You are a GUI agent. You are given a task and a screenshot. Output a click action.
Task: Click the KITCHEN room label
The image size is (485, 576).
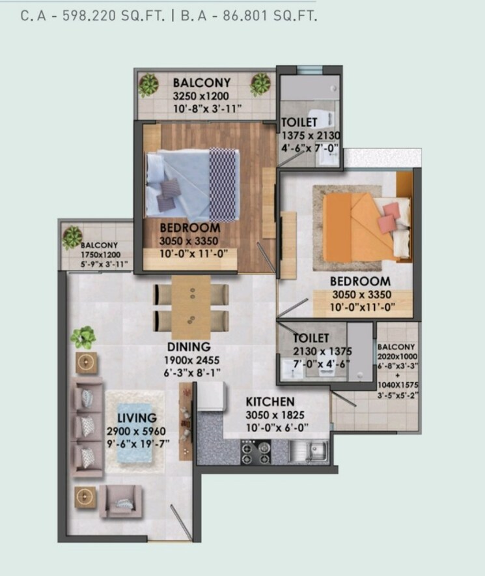point(270,402)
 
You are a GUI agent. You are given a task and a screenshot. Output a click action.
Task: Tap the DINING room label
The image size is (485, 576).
point(189,347)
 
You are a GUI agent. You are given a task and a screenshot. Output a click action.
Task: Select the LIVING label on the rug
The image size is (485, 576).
point(137,418)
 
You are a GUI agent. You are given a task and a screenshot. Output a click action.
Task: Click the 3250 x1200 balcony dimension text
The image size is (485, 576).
point(202,96)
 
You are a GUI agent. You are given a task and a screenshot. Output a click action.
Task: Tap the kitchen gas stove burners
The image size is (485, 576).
point(256,451)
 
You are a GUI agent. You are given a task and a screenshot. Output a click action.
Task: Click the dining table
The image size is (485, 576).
point(191,306)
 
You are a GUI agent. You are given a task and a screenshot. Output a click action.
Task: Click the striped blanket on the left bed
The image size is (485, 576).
point(223,184)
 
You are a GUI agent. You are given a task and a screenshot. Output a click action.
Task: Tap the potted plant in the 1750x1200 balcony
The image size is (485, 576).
point(72,237)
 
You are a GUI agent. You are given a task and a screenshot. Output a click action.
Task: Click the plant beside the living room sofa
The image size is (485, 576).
point(83,337)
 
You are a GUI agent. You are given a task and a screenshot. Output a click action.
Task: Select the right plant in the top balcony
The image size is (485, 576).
point(260,84)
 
